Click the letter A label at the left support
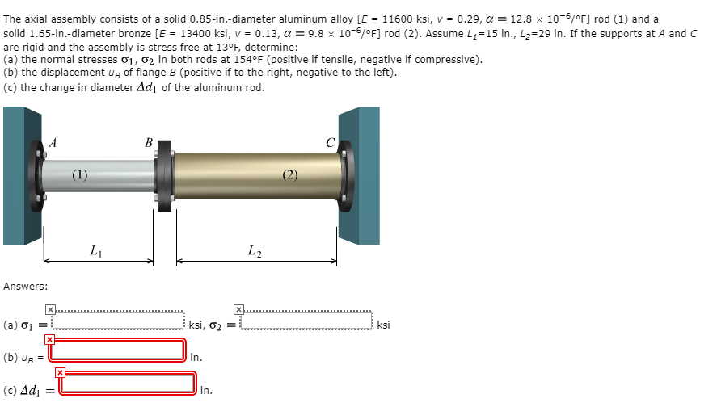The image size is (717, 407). (x=53, y=143)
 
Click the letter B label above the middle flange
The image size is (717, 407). (x=149, y=143)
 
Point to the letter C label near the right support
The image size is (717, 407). (x=330, y=143)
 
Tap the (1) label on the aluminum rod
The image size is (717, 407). (x=79, y=174)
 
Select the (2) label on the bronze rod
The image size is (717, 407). (x=290, y=174)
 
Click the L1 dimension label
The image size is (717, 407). (x=96, y=251)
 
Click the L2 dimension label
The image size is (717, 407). (x=255, y=251)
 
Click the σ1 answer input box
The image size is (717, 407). (x=118, y=321)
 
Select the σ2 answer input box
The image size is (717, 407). (x=306, y=321)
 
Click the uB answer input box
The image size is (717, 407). (x=117, y=350)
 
